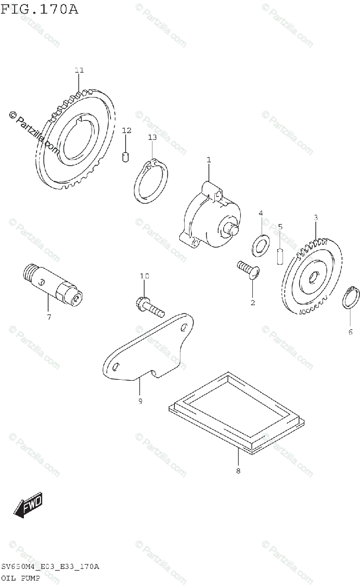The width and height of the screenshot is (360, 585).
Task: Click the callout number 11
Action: pyautogui.click(x=79, y=70)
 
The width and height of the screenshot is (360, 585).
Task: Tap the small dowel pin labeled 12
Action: pyautogui.click(x=125, y=156)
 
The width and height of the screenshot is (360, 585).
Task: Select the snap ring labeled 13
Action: pyautogui.click(x=151, y=180)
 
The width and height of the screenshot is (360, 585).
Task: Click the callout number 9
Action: pyautogui.click(x=140, y=401)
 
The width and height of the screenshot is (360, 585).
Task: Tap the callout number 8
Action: pyautogui.click(x=238, y=470)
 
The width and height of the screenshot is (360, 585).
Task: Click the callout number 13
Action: pyautogui.click(x=152, y=137)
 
